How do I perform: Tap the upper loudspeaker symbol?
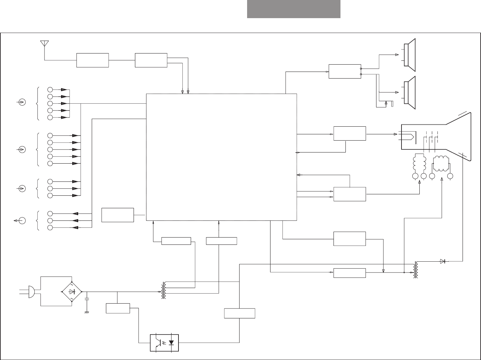click(x=409, y=55)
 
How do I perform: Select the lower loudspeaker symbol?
click(x=409, y=93)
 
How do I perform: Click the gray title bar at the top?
click(x=294, y=9)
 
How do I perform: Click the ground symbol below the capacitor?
click(x=87, y=312)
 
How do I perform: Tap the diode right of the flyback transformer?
click(x=443, y=261)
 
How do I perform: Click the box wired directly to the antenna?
click(x=92, y=60)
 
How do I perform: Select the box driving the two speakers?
click(x=345, y=71)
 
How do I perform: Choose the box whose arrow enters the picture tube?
click(x=349, y=133)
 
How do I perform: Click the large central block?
click(x=221, y=157)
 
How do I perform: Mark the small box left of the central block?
click(x=117, y=215)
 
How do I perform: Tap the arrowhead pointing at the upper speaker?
click(x=397, y=55)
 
